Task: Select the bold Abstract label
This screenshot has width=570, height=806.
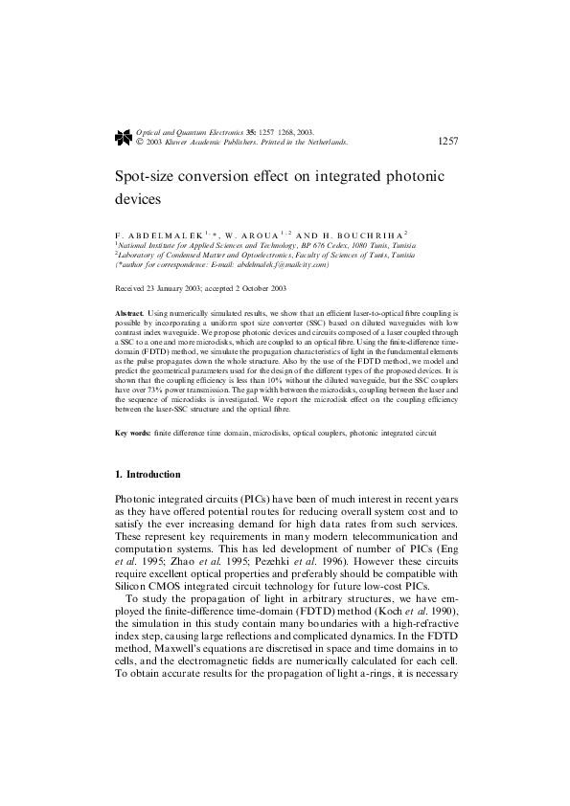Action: [x=129, y=313]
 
